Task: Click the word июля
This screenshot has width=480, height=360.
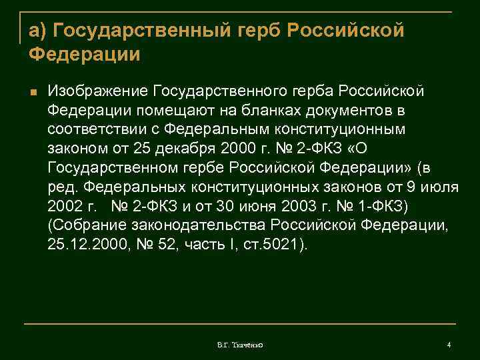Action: (441, 186)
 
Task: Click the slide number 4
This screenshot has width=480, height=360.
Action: (449, 344)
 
